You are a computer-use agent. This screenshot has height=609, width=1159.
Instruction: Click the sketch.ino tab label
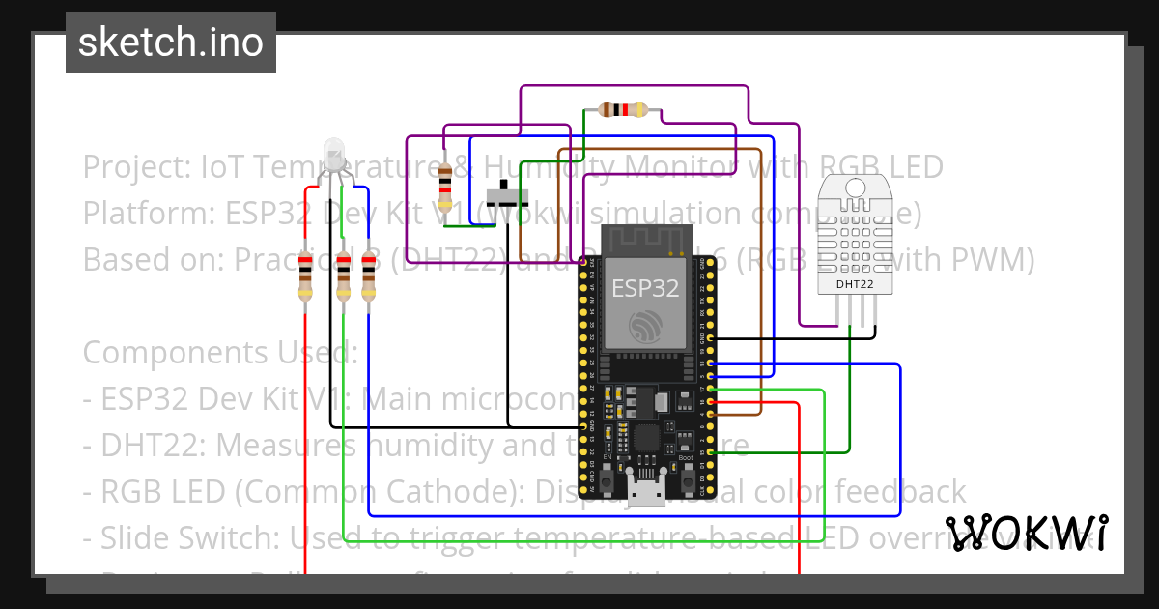point(171,43)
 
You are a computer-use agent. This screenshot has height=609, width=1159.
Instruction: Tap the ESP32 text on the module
point(646,287)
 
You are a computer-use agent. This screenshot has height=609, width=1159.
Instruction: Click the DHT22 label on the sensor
point(856,284)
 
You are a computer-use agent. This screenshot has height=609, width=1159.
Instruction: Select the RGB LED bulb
point(334,154)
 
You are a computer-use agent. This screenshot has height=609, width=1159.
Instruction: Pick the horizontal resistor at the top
point(623,110)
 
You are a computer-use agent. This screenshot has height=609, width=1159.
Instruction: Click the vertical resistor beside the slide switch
point(444,187)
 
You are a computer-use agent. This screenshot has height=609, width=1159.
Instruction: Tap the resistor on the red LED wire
point(306,275)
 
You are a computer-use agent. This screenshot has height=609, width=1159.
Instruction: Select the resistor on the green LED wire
point(344,275)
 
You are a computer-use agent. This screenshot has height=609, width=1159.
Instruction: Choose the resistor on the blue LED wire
point(368,275)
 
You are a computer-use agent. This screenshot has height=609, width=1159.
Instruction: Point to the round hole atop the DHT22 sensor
point(855,187)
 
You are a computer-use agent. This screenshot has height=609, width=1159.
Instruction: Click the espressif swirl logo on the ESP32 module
point(646,327)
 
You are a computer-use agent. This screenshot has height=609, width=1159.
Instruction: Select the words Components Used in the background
point(220,353)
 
